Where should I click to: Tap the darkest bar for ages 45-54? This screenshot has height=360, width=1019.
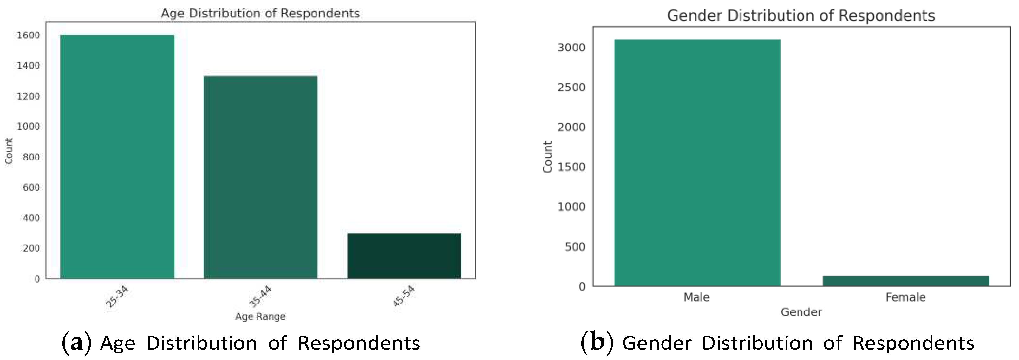point(404,256)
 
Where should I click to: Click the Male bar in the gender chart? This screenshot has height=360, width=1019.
point(697,162)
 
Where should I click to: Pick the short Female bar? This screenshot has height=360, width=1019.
point(906,281)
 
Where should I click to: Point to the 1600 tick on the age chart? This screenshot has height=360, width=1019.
point(29,35)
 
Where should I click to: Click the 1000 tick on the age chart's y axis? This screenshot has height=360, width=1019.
point(29,127)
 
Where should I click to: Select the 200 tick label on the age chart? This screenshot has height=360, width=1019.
point(31,248)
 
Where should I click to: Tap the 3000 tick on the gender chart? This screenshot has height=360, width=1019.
point(571,48)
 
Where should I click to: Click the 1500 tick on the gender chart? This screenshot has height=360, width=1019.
point(571,167)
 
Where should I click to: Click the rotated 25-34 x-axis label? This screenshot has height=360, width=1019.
point(117,297)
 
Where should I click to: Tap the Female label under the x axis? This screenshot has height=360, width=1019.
point(905,298)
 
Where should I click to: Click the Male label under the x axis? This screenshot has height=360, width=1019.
point(696,298)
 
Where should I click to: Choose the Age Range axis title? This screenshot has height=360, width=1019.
point(260,317)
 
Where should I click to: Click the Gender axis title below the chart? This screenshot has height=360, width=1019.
point(801,312)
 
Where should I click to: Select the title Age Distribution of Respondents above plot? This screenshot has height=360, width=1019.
point(260,13)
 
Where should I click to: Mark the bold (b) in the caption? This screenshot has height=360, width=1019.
point(597,343)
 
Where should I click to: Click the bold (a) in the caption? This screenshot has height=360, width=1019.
point(77,343)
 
